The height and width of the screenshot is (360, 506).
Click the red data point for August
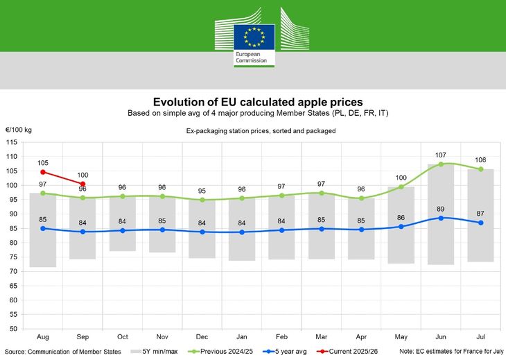pyautogui.click(x=43, y=171)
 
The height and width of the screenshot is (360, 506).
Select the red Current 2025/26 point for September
pyautogui.click(x=83, y=184)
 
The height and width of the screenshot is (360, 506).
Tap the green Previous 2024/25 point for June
pyautogui.click(x=441, y=164)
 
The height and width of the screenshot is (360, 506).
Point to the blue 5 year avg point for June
pyautogui.click(x=441, y=218)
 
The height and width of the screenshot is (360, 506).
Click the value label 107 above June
pyautogui.click(x=441, y=155)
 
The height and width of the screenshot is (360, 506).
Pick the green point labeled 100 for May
pyautogui.click(x=401, y=187)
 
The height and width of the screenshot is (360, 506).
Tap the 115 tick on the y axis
pyautogui.click(x=12, y=142)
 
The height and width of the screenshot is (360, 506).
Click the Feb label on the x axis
pyautogui.click(x=281, y=336)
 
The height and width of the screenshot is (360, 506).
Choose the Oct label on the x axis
pyautogui.click(x=123, y=336)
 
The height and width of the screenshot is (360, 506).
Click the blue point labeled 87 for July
pyautogui.click(x=480, y=223)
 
